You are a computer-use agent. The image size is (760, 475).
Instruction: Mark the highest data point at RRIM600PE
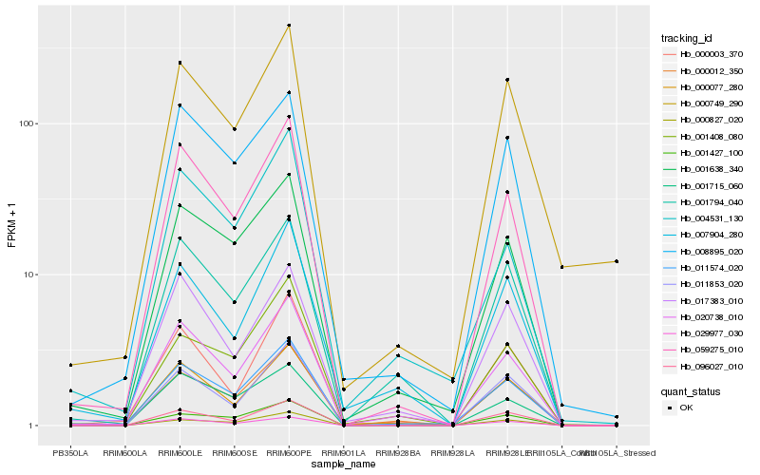(288, 26)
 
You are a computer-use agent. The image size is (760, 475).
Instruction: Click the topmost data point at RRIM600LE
(179, 63)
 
